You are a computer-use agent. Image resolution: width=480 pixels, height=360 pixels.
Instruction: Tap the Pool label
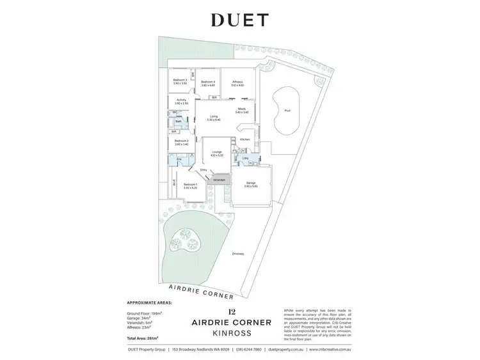point(287,110)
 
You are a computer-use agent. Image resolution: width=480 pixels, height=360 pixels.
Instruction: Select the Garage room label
point(251,184)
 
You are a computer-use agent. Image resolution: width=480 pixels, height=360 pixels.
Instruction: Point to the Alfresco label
point(237,82)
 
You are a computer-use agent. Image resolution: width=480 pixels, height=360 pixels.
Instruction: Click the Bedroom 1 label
point(191,185)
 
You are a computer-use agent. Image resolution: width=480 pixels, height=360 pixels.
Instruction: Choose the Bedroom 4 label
point(208,82)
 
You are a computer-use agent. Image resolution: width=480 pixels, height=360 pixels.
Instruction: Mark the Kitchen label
point(244,139)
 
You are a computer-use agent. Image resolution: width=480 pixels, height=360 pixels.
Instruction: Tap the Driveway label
point(238,254)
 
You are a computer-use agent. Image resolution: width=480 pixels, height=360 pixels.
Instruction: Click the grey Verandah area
point(219,180)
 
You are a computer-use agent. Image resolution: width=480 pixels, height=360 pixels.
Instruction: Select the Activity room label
point(181,100)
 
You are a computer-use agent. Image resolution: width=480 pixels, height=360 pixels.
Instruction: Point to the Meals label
point(242,109)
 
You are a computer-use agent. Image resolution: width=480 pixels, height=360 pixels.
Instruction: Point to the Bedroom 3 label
point(180,82)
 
